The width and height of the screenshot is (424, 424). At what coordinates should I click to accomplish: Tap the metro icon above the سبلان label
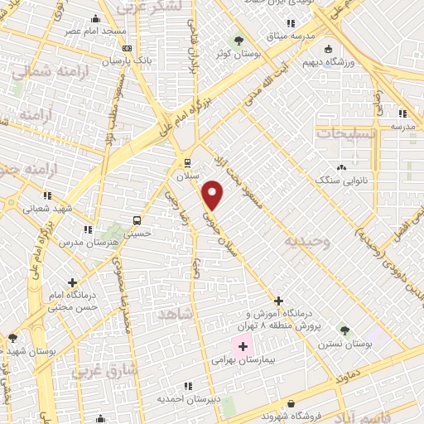coord(187,162)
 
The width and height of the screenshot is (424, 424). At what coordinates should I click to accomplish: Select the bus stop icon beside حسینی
coord(137,221)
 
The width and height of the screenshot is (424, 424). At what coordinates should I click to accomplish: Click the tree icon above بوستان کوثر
coord(239,40)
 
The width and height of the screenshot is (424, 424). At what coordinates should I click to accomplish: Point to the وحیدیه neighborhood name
coord(307,241)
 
